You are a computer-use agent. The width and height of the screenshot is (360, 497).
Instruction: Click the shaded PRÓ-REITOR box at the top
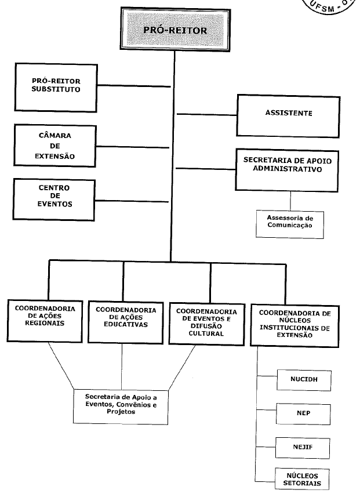[x=174, y=30]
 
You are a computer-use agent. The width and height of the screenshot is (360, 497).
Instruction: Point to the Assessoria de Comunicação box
[x=290, y=222]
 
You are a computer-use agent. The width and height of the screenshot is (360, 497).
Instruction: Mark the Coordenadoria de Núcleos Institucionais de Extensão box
[x=294, y=323]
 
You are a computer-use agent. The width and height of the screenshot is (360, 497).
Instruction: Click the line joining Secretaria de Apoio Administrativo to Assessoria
[x=290, y=200]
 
